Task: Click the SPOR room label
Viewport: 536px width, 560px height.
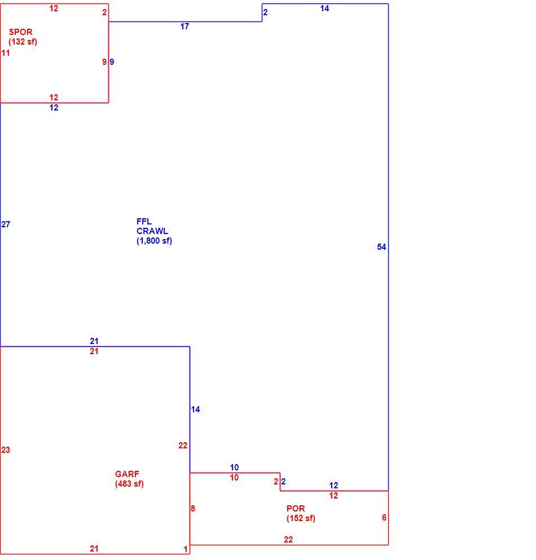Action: (x=21, y=32)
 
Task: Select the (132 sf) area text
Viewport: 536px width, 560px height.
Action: (x=23, y=41)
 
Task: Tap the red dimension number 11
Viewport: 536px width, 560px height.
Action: (x=6, y=53)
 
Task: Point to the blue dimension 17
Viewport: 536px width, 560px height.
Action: (x=184, y=27)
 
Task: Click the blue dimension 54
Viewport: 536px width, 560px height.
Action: (x=381, y=247)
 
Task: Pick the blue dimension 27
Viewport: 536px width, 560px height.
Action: (x=6, y=224)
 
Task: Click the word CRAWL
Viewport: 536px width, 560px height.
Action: (x=152, y=231)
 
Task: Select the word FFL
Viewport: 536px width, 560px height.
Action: (x=144, y=222)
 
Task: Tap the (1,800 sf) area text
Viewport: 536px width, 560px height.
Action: (x=155, y=241)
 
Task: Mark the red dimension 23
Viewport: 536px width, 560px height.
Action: (x=6, y=449)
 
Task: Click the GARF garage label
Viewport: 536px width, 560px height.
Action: (x=127, y=474)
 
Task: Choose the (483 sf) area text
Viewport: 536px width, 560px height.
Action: (x=129, y=484)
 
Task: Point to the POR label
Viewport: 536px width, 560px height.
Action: (x=296, y=508)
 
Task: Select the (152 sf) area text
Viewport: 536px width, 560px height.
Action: (x=301, y=518)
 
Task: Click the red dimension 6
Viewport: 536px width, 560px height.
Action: (x=384, y=518)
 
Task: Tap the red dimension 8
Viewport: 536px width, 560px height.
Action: (x=193, y=508)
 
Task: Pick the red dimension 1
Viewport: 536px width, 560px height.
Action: (x=186, y=549)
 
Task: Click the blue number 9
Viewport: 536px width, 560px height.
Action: (x=112, y=62)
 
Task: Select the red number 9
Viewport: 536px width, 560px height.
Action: (x=104, y=62)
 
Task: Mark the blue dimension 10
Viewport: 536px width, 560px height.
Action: (x=234, y=467)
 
